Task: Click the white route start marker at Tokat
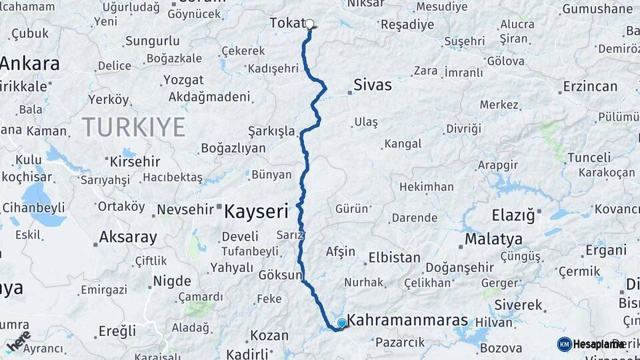[x=309, y=24]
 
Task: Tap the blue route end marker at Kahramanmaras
[x=342, y=323]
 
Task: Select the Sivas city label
[x=372, y=85]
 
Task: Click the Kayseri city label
[x=256, y=212]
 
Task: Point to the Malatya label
[x=493, y=239]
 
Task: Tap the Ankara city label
[x=30, y=64]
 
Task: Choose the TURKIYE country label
[x=133, y=127]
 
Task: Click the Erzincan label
[x=590, y=86]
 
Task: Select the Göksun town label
[x=281, y=275]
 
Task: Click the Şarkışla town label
[x=271, y=131]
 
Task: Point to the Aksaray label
[x=128, y=237]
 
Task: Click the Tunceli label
[x=589, y=158]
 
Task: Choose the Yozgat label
[x=183, y=80]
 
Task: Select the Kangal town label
[x=403, y=144]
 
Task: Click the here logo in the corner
[x=19, y=340]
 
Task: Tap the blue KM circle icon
[x=564, y=344]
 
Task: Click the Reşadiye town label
[x=406, y=25]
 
